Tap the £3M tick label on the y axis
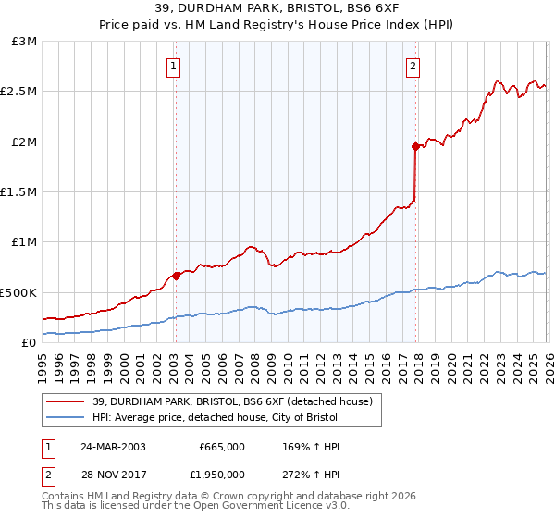(x=22, y=42)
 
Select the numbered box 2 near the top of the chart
(x=413, y=66)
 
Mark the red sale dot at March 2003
(x=176, y=276)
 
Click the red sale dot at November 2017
(x=415, y=146)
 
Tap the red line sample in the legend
(x=67, y=401)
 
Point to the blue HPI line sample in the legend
(x=67, y=418)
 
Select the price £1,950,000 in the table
(x=222, y=475)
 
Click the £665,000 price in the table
(x=222, y=447)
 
